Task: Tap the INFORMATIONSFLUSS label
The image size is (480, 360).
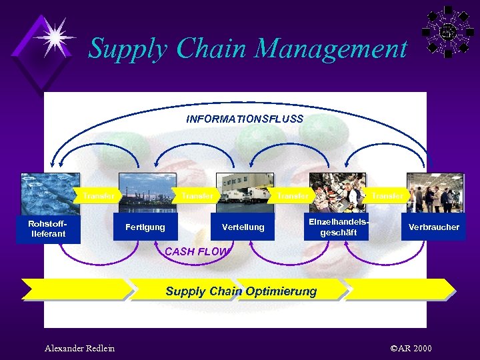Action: pyautogui.click(x=245, y=119)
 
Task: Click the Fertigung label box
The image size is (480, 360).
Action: pyautogui.click(x=145, y=227)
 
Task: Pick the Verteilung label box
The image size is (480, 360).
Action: pyautogui.click(x=243, y=227)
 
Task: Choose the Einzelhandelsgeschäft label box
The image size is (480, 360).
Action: pyautogui.click(x=338, y=227)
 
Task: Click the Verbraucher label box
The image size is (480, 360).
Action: pyautogui.click(x=434, y=227)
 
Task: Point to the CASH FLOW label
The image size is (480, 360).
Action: pyautogui.click(x=196, y=252)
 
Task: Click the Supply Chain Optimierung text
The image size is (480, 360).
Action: pyautogui.click(x=241, y=291)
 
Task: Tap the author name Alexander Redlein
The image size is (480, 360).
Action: pyautogui.click(x=79, y=348)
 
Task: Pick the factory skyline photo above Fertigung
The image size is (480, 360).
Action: pyautogui.click(x=147, y=193)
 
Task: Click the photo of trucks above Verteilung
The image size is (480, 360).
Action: pyautogui.click(x=244, y=193)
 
